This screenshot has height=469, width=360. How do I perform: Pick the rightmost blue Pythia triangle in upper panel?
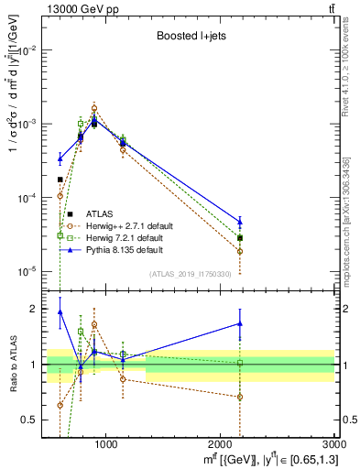tap(240, 222)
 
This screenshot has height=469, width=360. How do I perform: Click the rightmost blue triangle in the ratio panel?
tap(240, 323)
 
